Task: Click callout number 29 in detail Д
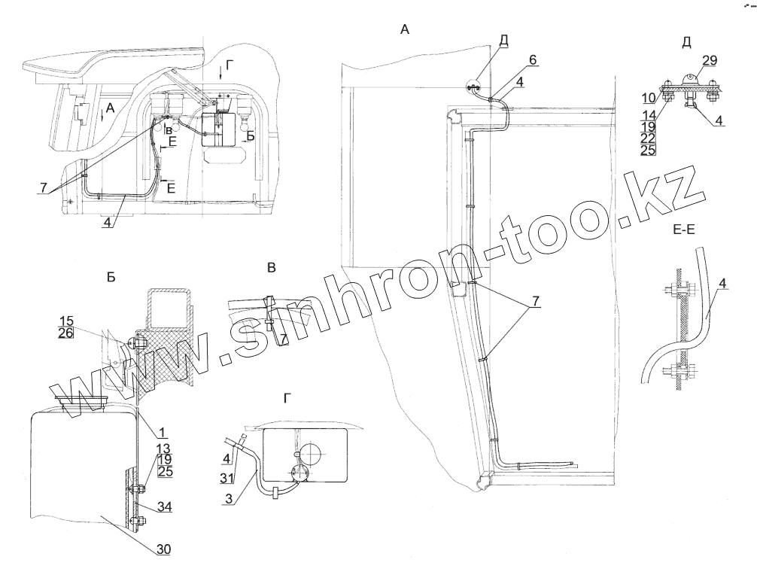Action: click(710, 59)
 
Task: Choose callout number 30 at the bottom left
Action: click(163, 549)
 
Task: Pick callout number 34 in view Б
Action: click(163, 507)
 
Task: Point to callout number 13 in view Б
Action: click(162, 449)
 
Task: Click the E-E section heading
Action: click(683, 234)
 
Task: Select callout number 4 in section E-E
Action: click(722, 284)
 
